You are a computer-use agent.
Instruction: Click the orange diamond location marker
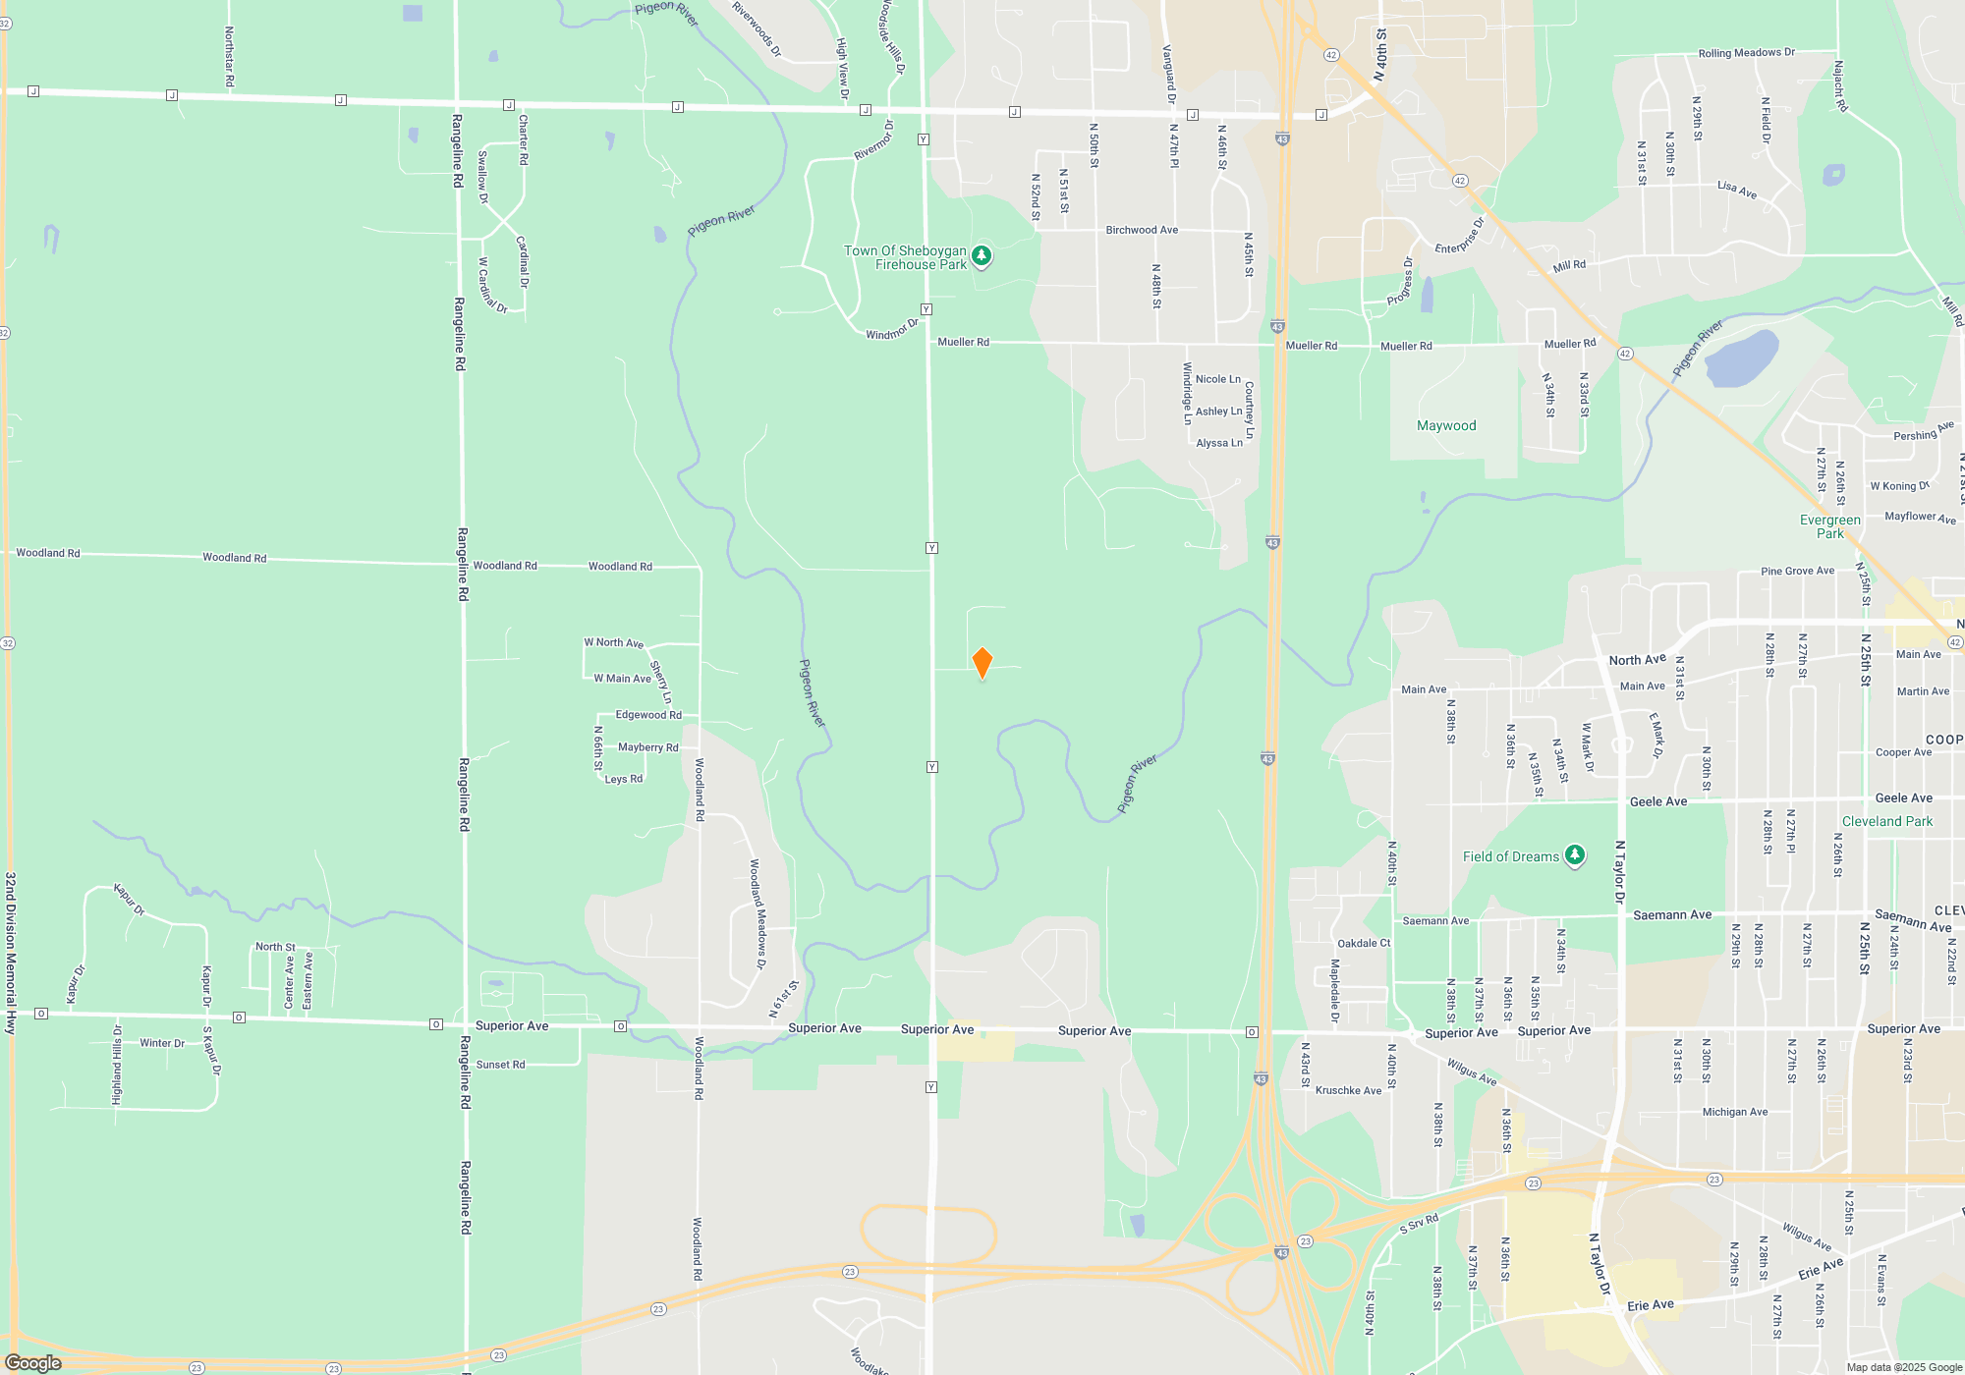click(982, 663)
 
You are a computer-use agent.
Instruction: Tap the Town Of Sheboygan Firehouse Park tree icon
click(981, 256)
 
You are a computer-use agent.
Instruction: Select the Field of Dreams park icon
click(1575, 855)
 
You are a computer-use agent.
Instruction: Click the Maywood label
click(1446, 425)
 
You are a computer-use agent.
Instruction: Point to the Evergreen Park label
click(1829, 526)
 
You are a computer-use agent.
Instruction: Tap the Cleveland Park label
click(1886, 821)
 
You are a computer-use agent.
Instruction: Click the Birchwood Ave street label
click(1142, 230)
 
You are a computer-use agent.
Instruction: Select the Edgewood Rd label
click(648, 715)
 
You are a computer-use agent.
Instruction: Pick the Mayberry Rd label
click(647, 747)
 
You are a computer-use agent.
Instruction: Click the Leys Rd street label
click(624, 779)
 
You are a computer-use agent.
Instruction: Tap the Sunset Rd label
click(500, 1065)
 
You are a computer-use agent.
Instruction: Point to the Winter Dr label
click(162, 1043)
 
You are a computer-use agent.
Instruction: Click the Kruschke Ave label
click(1348, 1090)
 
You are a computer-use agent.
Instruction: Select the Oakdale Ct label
click(1364, 943)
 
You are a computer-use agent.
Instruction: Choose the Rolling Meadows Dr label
click(1746, 53)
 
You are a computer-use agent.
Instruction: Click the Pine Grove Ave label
click(1797, 571)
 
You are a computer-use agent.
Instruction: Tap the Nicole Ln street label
click(1217, 379)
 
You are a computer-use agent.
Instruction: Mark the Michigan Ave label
click(1734, 1112)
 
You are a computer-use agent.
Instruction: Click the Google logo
click(33, 1363)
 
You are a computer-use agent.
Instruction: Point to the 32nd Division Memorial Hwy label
click(11, 953)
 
